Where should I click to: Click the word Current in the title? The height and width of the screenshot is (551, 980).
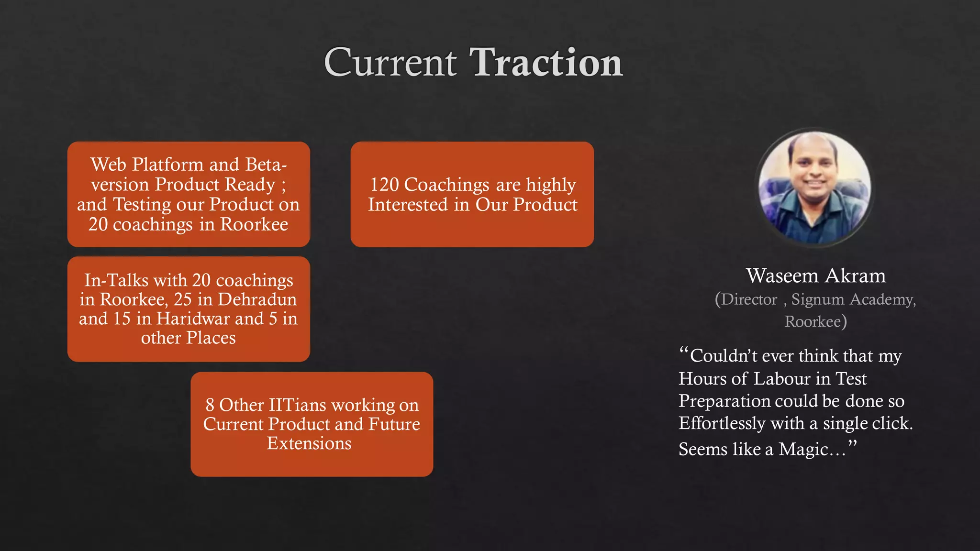[x=390, y=62]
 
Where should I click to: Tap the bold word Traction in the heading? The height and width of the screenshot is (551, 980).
[x=546, y=62]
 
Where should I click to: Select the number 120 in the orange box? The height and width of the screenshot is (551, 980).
[x=384, y=185]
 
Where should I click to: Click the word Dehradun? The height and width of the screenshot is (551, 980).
[x=257, y=299]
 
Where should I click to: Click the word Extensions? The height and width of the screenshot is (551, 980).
[x=309, y=443]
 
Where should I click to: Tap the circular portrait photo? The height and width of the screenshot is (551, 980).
[x=814, y=187]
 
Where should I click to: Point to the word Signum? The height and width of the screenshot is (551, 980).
[x=818, y=299]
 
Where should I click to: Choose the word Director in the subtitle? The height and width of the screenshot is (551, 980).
[x=749, y=299]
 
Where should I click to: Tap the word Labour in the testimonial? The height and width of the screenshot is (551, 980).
[x=782, y=379]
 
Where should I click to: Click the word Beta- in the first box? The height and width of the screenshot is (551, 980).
[x=266, y=165]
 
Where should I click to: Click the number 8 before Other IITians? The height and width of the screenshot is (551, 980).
[x=210, y=405]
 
